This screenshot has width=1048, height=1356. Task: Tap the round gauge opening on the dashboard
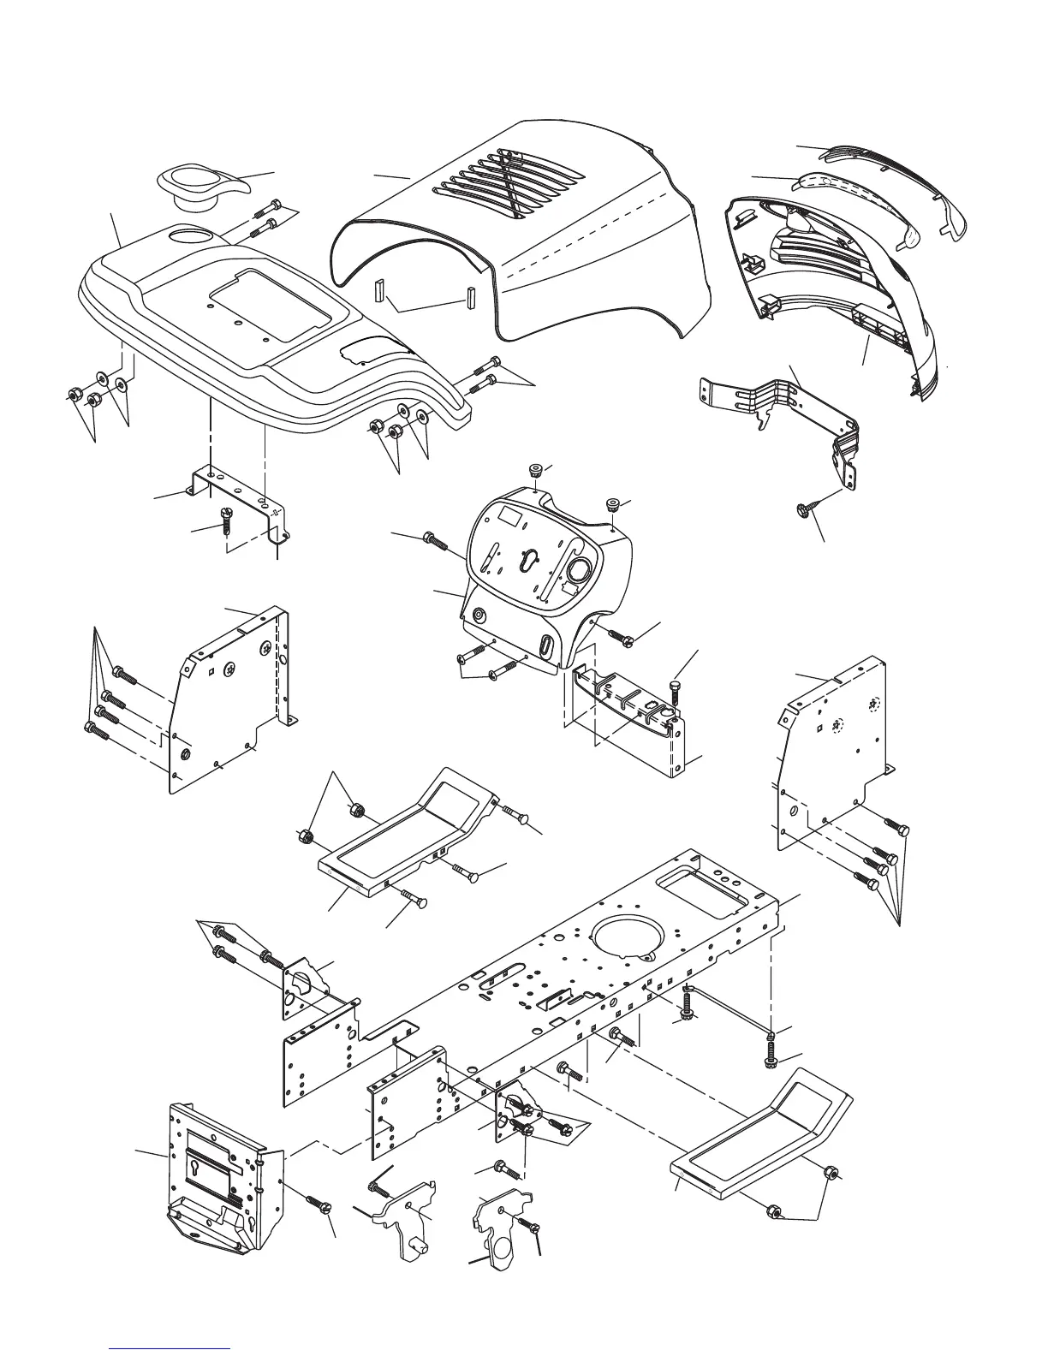pyautogui.click(x=579, y=571)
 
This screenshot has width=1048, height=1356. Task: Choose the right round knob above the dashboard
pyautogui.click(x=613, y=503)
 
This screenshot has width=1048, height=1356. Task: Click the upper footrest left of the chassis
pyautogui.click(x=402, y=835)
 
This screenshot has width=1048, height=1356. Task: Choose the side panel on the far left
pyautogui.click(x=227, y=693)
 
